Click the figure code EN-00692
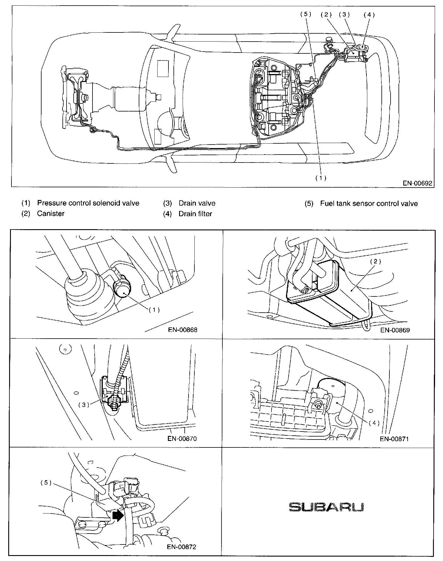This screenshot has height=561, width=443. (x=417, y=183)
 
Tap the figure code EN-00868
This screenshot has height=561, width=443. (x=183, y=330)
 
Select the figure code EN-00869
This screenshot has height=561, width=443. (x=395, y=330)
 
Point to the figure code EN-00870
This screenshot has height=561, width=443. (x=182, y=439)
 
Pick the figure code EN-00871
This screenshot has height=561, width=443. (x=394, y=439)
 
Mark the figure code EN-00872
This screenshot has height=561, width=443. (x=182, y=547)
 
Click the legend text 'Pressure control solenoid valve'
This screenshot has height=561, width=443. (x=88, y=203)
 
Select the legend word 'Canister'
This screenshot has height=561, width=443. (x=51, y=214)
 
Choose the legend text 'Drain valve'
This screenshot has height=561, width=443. (x=197, y=203)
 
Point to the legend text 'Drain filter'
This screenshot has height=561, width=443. (x=195, y=214)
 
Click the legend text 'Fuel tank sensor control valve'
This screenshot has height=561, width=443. (x=369, y=203)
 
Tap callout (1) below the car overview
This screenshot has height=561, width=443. (x=321, y=178)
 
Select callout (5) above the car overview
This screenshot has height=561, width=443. (x=305, y=15)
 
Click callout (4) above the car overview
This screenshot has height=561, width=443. (x=369, y=15)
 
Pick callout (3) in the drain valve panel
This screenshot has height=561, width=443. (x=84, y=405)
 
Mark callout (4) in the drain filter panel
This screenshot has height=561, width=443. (x=374, y=423)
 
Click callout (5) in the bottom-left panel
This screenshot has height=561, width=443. (x=46, y=483)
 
